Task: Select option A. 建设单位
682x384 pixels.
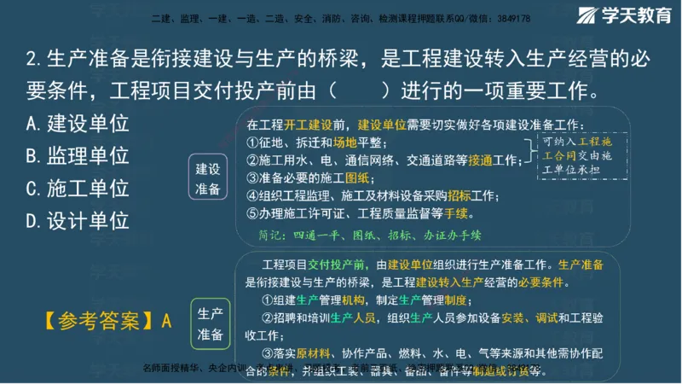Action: pyautogui.click(x=78, y=124)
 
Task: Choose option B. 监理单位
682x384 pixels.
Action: pyautogui.click(x=78, y=156)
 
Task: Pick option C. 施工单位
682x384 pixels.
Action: pyautogui.click(x=78, y=189)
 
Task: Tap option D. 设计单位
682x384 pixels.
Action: pyautogui.click(x=78, y=221)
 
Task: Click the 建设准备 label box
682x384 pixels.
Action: pyautogui.click(x=208, y=178)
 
